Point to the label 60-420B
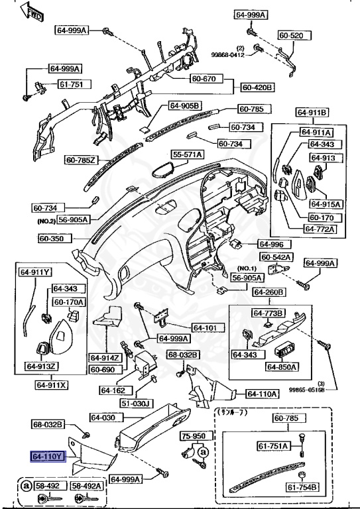tap(257, 87)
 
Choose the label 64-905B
tap(184, 105)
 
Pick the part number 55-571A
tap(188, 154)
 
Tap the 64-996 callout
tap(270, 244)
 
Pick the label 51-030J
tap(117, 402)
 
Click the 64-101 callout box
tap(205, 327)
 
